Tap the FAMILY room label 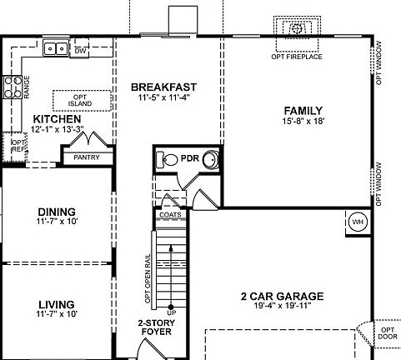(x=303, y=110)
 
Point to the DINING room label (x=57, y=212)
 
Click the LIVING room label (x=57, y=304)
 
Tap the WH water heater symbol (x=358, y=222)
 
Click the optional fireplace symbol (x=297, y=30)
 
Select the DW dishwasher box (x=81, y=51)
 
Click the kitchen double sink (x=56, y=49)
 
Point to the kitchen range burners (x=14, y=84)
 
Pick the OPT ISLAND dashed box (x=81, y=101)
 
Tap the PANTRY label (x=87, y=156)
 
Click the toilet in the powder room (x=168, y=158)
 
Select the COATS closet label (x=169, y=214)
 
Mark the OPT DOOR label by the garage (x=388, y=334)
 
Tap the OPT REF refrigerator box (x=16, y=146)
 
